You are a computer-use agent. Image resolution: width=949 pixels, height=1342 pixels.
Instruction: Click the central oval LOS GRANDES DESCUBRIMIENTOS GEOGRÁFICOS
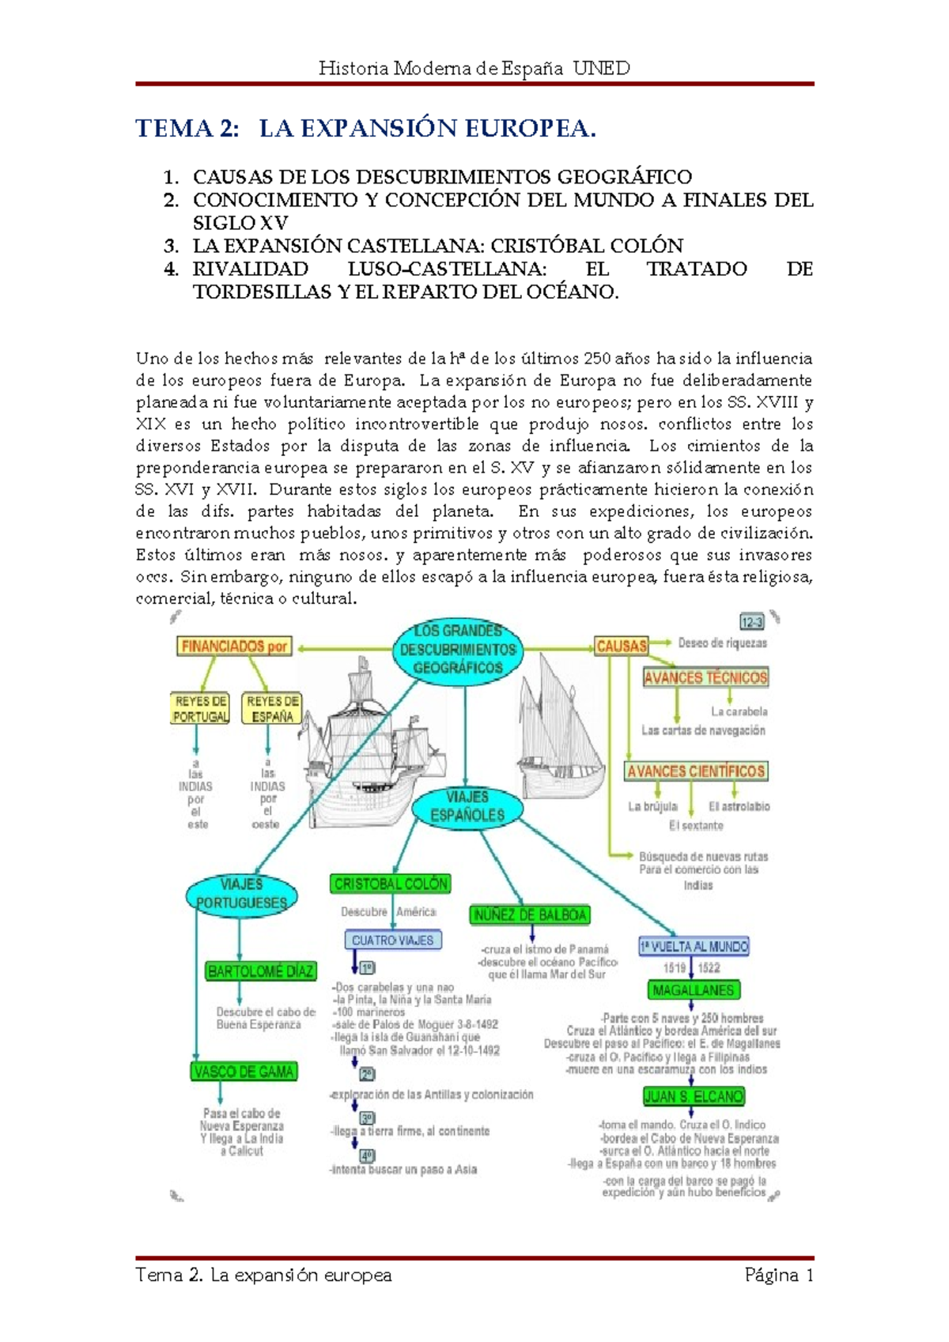point(457,650)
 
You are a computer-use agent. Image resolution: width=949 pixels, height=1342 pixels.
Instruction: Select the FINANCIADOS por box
point(234,646)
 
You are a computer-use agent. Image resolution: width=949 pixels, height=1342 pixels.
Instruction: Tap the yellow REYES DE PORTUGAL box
point(201,709)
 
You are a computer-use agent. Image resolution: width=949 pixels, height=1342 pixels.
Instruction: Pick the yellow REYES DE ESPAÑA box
point(272,709)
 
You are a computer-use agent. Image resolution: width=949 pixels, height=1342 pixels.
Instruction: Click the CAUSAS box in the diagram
point(621,646)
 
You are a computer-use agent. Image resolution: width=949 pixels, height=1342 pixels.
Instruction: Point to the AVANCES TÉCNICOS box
point(705,678)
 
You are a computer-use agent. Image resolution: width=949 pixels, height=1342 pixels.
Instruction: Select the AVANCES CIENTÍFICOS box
point(696,771)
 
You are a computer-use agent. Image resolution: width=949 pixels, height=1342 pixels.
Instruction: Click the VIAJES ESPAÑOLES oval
point(467,806)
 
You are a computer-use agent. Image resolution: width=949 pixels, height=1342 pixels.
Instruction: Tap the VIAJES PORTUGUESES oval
point(241,894)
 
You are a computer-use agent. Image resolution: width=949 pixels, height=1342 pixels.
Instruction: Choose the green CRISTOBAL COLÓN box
point(391,884)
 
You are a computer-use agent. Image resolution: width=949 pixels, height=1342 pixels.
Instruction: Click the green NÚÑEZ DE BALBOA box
point(530,915)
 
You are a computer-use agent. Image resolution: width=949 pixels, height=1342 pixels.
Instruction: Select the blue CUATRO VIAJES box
point(393,941)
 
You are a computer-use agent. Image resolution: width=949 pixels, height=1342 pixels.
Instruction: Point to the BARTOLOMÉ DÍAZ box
point(261,971)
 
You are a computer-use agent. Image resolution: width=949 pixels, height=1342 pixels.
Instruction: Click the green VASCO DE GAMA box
point(244,1072)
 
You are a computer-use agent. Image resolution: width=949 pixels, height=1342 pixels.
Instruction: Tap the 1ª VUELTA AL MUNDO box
point(694,947)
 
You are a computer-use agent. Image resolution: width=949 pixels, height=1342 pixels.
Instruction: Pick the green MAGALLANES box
point(693,990)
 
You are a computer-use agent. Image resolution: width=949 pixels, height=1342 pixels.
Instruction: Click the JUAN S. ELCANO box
point(694,1097)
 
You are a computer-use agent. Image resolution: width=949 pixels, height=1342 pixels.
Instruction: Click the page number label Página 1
point(779,1275)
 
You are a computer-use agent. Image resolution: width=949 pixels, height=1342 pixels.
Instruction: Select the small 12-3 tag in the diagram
point(751,621)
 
